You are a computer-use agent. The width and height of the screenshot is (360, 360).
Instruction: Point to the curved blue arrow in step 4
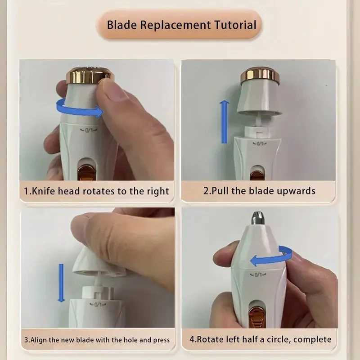point(270,256)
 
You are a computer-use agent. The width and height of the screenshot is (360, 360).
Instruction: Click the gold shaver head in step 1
point(90,75)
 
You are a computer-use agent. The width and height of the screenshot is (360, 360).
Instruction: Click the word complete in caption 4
point(313,339)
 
